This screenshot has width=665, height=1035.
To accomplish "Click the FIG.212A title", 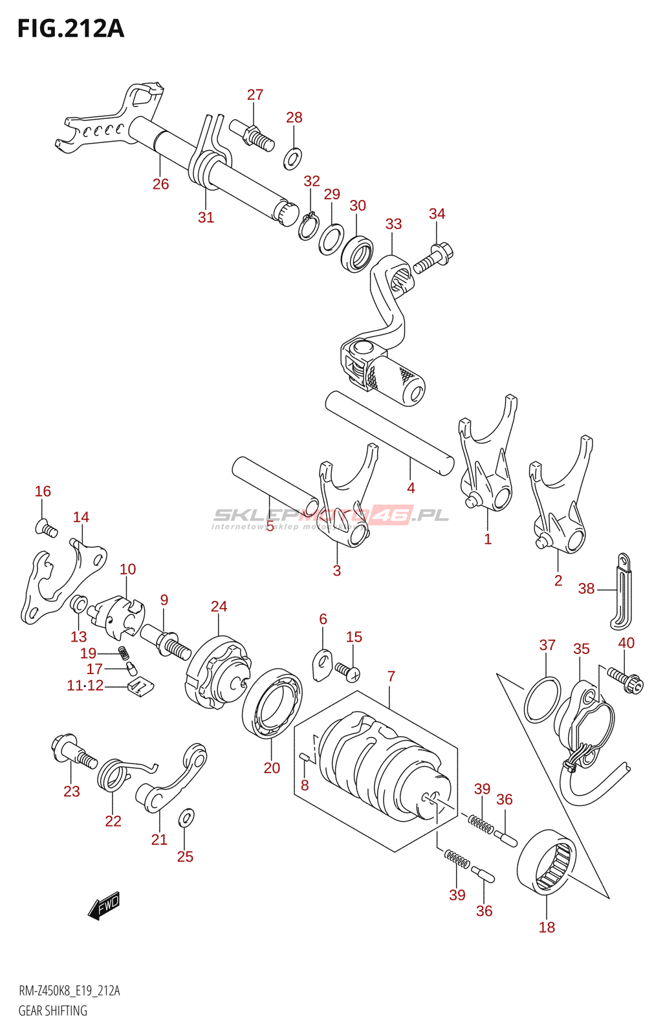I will coord(71,29).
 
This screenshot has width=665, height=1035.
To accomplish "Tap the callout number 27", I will coord(255,95).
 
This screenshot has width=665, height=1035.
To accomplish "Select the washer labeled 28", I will coord(292,157).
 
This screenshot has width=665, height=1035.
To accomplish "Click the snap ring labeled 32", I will coord(308,226).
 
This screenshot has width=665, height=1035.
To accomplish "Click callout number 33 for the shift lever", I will coord(393,224).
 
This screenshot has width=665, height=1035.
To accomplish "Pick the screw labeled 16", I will coord(47,528).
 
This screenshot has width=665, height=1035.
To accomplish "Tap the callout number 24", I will coord(219,607).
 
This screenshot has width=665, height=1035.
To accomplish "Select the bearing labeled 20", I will coord(272,704).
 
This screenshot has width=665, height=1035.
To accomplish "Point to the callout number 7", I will coord(391,677).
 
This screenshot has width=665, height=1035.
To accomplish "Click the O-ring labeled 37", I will coord(541,700).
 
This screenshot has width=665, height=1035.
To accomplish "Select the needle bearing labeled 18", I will coord(547,862).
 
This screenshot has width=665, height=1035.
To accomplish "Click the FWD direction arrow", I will coord(104,906).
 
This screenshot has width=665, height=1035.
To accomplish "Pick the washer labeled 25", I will coord(186,818).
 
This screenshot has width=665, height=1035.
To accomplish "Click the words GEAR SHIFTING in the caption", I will coord(52,1011).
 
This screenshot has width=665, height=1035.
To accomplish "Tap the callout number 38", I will coord(586,589).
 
